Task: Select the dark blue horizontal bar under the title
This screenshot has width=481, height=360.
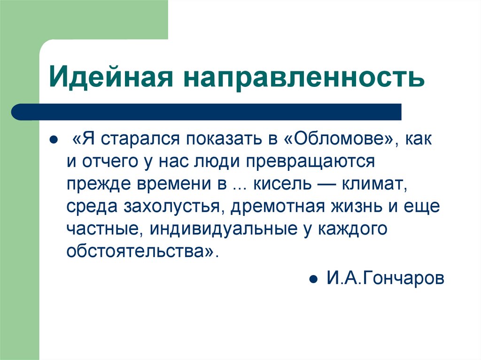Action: (x=207, y=112)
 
